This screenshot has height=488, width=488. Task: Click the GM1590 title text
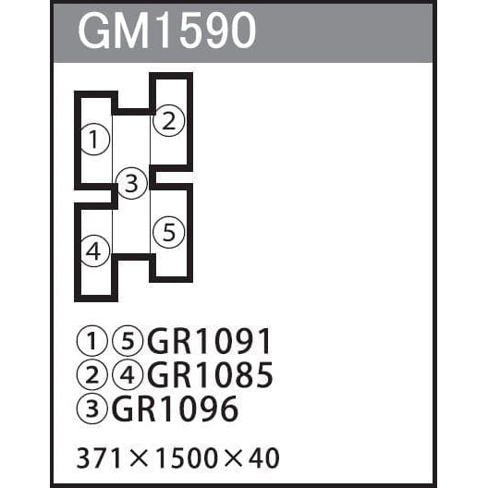[167, 30]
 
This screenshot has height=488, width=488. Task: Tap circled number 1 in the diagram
[95, 140]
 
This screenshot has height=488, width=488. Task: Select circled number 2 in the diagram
[169, 121]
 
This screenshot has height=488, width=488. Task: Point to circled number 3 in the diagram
[131, 183]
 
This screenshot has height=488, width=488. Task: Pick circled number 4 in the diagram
[95, 250]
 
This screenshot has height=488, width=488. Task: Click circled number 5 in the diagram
[169, 232]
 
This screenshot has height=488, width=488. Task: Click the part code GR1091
[209, 341]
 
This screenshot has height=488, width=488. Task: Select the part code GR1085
[210, 374]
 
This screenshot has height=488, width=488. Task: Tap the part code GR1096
[175, 409]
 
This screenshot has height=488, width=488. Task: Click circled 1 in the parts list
[91, 341]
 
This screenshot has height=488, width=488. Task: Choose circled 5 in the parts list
[128, 341]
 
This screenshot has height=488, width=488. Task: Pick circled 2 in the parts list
[91, 374]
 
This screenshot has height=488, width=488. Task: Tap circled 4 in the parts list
[128, 374]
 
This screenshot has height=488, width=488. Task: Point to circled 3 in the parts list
[91, 409]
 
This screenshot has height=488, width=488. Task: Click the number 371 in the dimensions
[98, 458]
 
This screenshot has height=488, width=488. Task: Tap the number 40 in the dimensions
[264, 458]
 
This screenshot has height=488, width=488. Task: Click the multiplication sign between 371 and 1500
[139, 458]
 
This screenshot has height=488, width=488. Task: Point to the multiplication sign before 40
[232, 458]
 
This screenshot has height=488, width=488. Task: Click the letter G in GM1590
[92, 30]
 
